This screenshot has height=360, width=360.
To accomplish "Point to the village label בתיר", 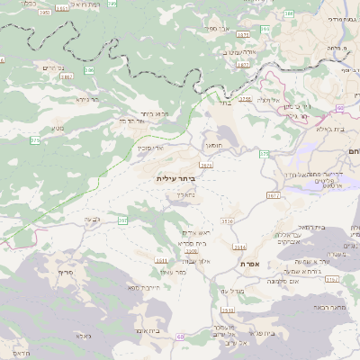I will tap(224, 103).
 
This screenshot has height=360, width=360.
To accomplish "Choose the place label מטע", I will tap(57, 129).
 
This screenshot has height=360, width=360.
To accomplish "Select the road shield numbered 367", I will tap(121, 220).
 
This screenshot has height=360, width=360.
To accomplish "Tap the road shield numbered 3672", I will tap(274, 194).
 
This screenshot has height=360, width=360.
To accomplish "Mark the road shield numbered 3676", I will tap(206, 165).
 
